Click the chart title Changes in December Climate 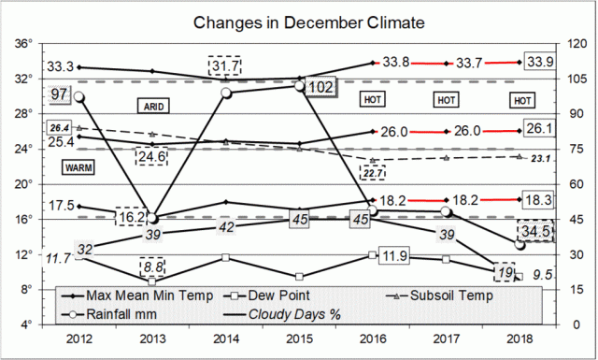tap(299, 22)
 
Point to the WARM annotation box tap(77, 167)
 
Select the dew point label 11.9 tap(397, 255)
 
